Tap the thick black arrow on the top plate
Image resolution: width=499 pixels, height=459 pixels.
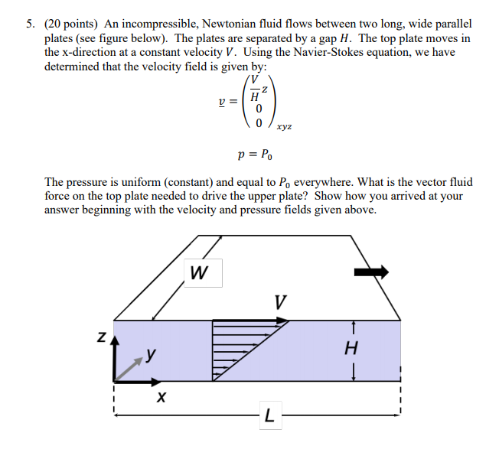[x=371, y=272]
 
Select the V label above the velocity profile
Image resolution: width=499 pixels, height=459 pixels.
[x=280, y=303]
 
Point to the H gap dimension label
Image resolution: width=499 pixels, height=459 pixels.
[x=351, y=349]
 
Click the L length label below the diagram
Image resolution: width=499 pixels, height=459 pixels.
[x=268, y=416]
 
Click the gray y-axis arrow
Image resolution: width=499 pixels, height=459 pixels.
[x=131, y=366]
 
